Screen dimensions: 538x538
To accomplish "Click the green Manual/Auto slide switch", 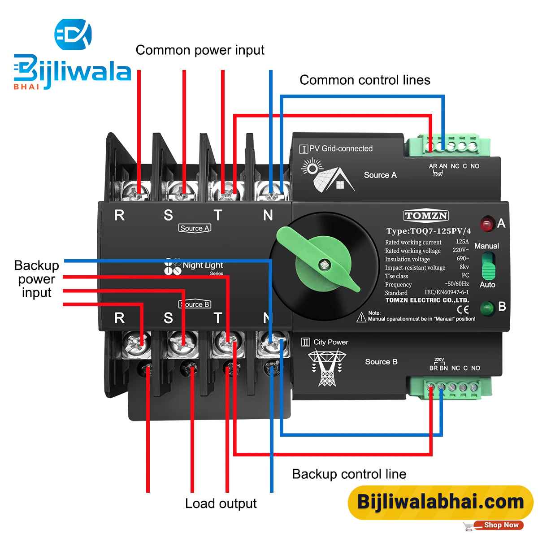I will pyautogui.click(x=487, y=266).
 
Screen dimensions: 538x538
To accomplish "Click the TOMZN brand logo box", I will pyautogui.click(x=426, y=216).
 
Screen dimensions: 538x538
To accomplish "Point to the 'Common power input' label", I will pyautogui.click(x=200, y=50).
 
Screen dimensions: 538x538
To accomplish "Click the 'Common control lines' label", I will pyautogui.click(x=365, y=80).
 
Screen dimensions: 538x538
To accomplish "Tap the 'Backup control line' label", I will pyautogui.click(x=349, y=474).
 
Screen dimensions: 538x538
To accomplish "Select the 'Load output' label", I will pyautogui.click(x=221, y=503).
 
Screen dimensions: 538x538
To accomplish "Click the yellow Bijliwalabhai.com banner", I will pyautogui.click(x=440, y=502).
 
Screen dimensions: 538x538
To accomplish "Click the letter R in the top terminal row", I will pyautogui.click(x=119, y=216).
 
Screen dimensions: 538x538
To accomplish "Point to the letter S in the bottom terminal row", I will pyautogui.click(x=168, y=318).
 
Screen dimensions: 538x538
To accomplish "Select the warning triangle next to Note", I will pyautogui.click(x=361, y=318).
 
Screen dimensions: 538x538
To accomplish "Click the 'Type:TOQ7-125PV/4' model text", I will pyautogui.click(x=429, y=231).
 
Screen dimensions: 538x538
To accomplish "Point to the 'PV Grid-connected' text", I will pyautogui.click(x=341, y=148).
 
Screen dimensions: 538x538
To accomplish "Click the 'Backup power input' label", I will pyautogui.click(x=37, y=279).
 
